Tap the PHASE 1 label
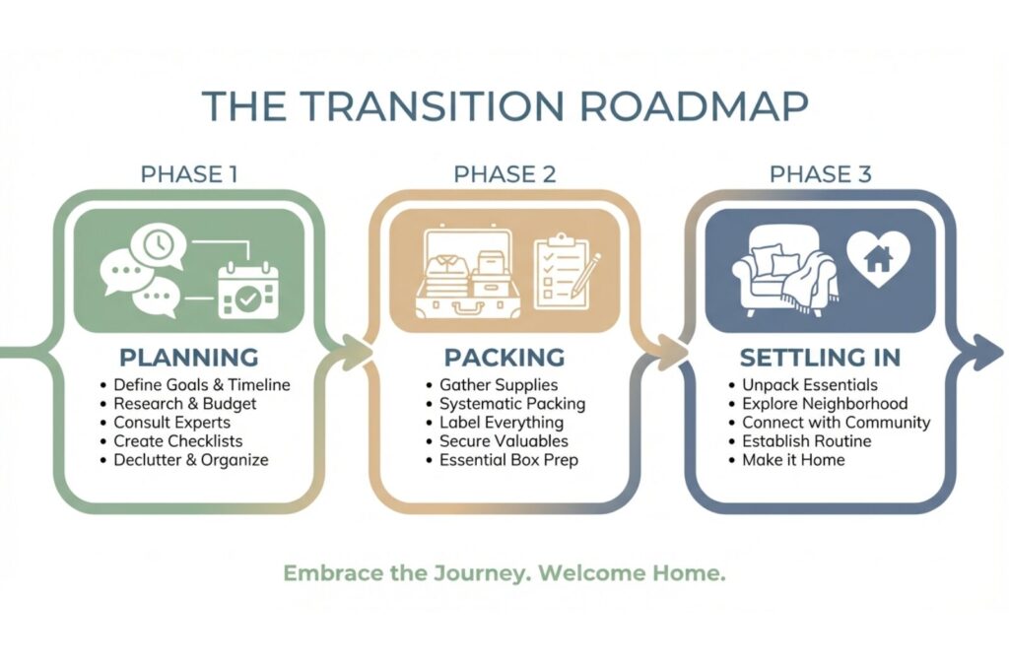click(189, 174)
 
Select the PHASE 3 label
click(820, 174)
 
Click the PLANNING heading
click(189, 357)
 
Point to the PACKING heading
click(504, 357)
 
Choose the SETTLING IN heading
click(820, 357)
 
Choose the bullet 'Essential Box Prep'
click(508, 460)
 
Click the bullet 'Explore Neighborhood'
click(825, 404)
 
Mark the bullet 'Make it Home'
click(793, 460)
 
